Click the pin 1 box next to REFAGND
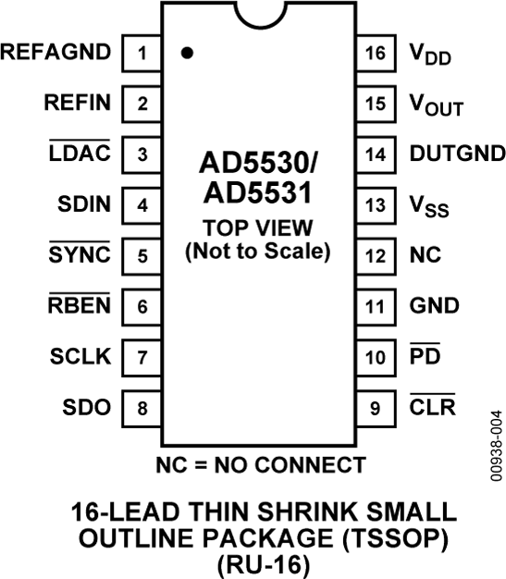click(x=142, y=53)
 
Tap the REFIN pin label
click(x=77, y=103)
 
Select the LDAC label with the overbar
click(x=80, y=154)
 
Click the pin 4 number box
click(x=142, y=204)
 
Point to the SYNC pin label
click(x=80, y=254)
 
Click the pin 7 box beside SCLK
click(x=142, y=356)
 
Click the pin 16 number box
click(x=375, y=53)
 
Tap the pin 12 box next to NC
click(x=375, y=254)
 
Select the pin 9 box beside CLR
click(x=375, y=407)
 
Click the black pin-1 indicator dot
click(x=187, y=54)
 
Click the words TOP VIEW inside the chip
click(x=258, y=228)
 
